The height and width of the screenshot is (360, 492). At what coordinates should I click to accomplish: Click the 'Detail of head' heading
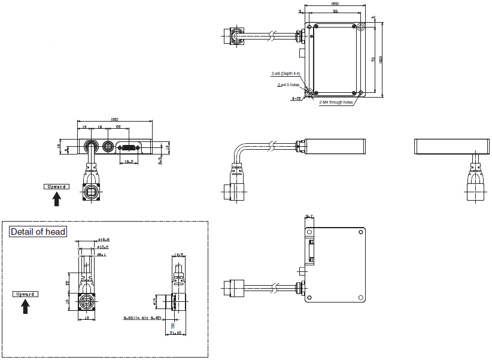(38, 232)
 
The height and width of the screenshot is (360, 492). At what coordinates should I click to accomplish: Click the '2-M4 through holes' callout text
(336, 102)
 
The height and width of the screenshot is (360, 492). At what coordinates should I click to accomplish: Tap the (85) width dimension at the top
(335, 5)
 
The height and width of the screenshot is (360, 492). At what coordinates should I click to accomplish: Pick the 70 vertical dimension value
(373, 59)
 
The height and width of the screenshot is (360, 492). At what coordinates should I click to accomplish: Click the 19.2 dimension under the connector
(127, 161)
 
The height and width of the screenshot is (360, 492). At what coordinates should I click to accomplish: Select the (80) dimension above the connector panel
(114, 119)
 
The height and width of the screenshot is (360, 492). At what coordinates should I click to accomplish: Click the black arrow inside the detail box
(25, 307)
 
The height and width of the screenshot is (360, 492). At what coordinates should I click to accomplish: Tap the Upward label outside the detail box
(56, 186)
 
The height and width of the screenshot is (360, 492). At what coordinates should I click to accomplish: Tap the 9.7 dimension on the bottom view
(309, 216)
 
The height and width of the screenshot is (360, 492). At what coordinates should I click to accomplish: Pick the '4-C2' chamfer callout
(296, 99)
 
